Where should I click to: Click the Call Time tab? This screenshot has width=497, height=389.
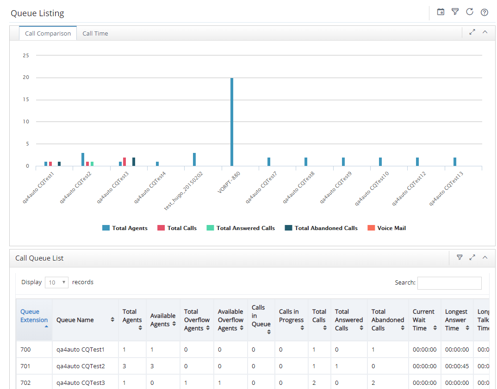(x=95, y=34)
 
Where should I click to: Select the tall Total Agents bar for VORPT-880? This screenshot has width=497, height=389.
(x=232, y=122)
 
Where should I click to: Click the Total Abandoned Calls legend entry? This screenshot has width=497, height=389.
(x=321, y=228)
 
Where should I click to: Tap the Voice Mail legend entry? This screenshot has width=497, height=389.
(x=386, y=228)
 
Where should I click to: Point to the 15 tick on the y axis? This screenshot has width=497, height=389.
(x=25, y=99)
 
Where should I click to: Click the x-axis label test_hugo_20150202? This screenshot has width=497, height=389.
(x=184, y=191)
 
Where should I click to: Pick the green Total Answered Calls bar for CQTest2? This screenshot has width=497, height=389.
(x=92, y=164)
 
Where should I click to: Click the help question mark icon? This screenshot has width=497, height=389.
(x=485, y=12)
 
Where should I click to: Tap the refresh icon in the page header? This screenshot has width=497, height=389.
(x=470, y=12)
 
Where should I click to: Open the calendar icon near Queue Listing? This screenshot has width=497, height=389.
(x=441, y=12)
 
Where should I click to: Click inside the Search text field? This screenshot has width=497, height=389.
(x=449, y=283)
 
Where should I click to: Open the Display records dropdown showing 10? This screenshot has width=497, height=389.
(x=57, y=282)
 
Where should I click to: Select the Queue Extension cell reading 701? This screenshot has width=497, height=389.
(x=25, y=366)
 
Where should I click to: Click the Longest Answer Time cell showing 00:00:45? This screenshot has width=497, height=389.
(x=457, y=366)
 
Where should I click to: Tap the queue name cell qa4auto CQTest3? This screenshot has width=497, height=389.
(x=81, y=383)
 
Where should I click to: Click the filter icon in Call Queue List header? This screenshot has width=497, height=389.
(x=460, y=257)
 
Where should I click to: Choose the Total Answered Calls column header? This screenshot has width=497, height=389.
(x=349, y=320)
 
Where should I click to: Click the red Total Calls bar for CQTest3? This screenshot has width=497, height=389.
(x=124, y=162)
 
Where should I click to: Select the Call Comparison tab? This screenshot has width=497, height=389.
(x=48, y=34)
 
